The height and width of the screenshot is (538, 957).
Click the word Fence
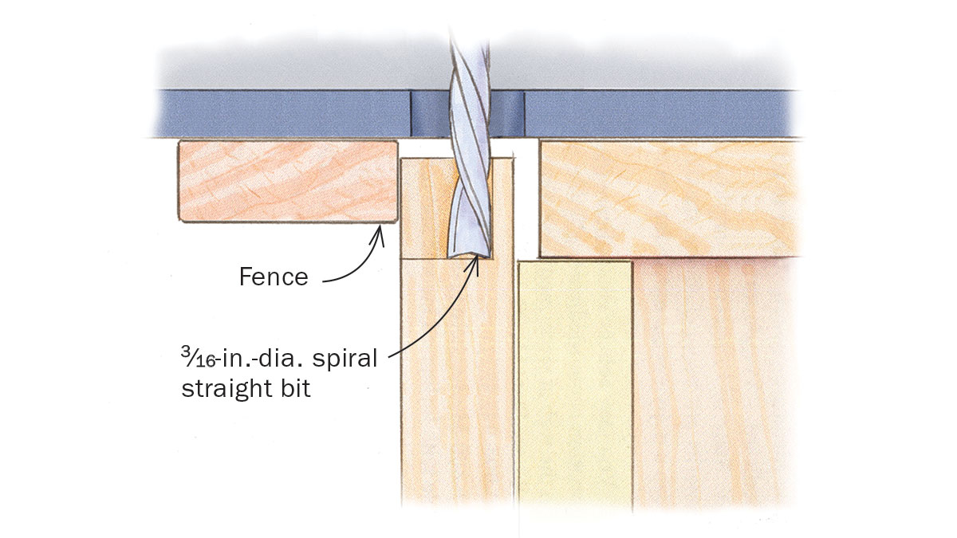[273, 277]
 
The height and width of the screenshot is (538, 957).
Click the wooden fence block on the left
[287, 181]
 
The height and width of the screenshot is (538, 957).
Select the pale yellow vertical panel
[574, 383]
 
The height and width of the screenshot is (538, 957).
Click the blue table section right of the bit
[662, 113]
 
